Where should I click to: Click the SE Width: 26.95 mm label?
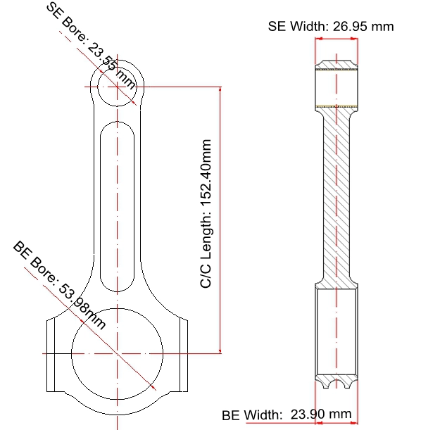tap(331, 26)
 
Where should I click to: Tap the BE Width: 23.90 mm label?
tap(287, 415)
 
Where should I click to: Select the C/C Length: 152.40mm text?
tap(206, 213)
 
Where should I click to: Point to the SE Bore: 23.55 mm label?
tap(90, 46)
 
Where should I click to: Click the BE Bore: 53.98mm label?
tap(59, 285)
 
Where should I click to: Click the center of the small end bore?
tap(117, 87)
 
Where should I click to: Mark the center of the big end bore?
tap(117, 353)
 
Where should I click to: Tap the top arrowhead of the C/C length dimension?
tap(220, 89)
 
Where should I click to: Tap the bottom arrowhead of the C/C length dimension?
tap(220, 351)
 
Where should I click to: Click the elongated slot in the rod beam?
tap(117, 207)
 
